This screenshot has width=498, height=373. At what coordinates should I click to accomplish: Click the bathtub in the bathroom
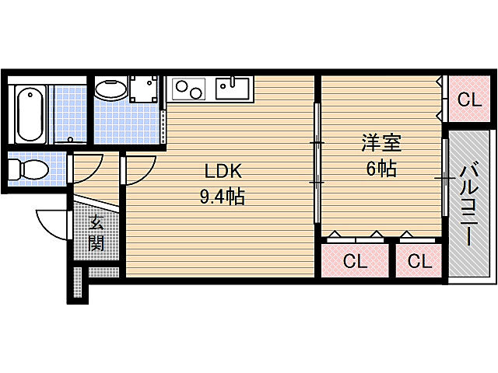point(29,114)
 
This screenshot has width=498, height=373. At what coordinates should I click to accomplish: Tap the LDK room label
point(222,171)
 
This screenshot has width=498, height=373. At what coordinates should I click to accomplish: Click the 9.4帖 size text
point(222,197)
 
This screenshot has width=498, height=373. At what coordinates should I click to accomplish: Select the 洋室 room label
point(381,143)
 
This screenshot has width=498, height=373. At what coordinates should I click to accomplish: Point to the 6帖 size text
point(381,169)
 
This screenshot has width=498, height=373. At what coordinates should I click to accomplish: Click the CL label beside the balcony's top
point(468,99)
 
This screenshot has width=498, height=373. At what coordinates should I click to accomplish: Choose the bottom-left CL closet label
point(355,261)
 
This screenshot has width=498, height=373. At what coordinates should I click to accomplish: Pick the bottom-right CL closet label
point(419,261)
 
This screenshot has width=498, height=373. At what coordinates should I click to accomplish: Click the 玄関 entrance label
point(96,233)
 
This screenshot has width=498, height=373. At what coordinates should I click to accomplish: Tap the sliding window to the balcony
point(444,179)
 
